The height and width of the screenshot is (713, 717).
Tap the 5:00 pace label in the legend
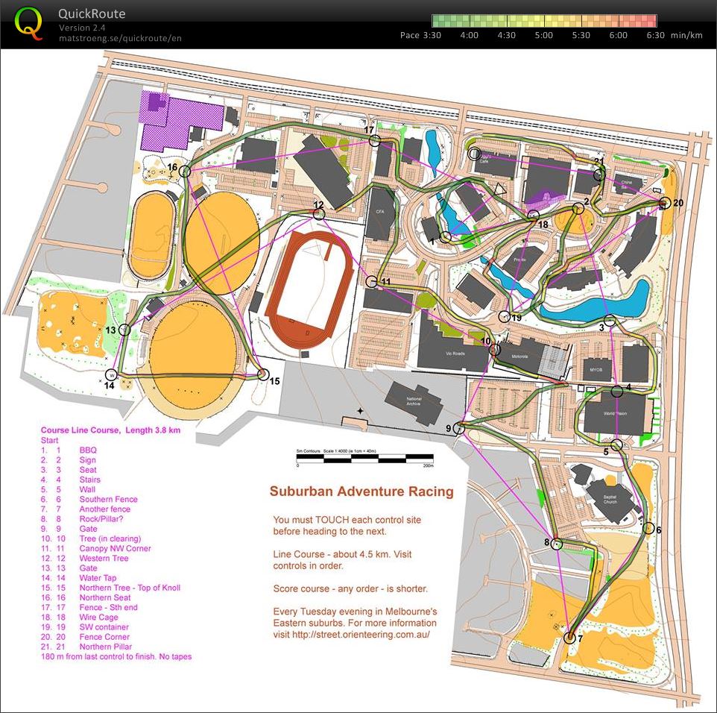tap(543, 35)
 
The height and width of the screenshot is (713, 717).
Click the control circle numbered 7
tap(570, 638)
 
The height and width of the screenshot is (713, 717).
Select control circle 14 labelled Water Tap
tap(112, 374)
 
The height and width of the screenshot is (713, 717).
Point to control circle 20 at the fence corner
tap(665, 203)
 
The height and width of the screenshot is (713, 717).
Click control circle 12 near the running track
tap(320, 214)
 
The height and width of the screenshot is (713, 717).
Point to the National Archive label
tap(414, 402)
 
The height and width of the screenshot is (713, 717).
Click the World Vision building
tap(614, 412)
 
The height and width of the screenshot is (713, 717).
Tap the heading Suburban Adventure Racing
tap(361, 491)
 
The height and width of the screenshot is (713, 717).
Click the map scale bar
tap(365, 457)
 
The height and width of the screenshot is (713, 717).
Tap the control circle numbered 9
tap(458, 427)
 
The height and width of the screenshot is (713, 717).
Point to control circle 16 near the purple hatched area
tap(185, 172)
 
